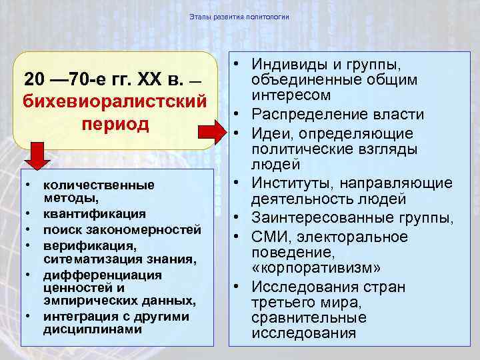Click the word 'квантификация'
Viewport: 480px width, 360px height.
click(x=95, y=214)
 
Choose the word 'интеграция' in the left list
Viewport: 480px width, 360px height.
click(x=77, y=316)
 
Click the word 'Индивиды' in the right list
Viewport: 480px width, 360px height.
click(x=285, y=65)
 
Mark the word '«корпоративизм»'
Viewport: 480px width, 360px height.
click(x=316, y=268)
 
